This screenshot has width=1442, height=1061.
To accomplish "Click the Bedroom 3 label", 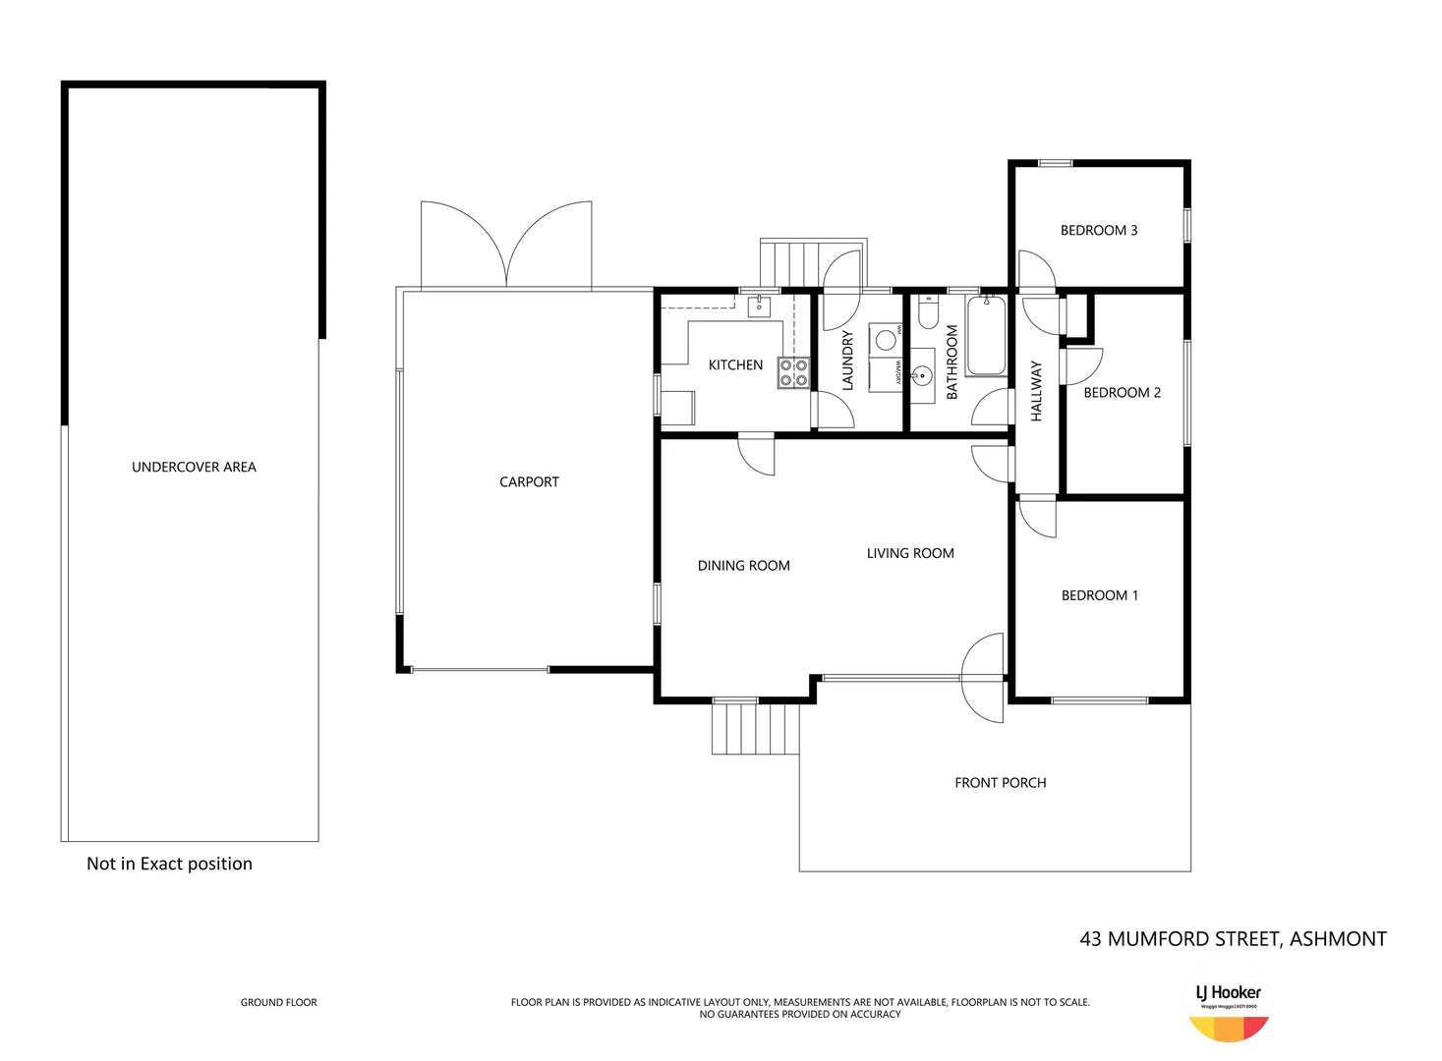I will (1098, 231).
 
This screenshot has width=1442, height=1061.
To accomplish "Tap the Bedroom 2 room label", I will (1122, 393).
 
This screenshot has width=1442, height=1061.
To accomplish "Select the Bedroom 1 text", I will (1099, 595).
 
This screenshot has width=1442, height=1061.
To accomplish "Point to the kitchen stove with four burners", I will (793, 373).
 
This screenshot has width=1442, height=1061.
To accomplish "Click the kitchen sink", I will (759, 307).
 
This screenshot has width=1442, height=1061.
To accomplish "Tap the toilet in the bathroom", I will (927, 313).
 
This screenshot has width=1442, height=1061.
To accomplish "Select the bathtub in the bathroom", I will (986, 337).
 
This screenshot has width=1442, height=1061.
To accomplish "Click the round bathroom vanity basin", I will (921, 375).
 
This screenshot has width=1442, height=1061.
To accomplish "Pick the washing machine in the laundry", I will (886, 340).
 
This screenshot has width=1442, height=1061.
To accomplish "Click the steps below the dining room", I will (755, 729).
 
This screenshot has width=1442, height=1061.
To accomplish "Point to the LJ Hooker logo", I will (1228, 1012).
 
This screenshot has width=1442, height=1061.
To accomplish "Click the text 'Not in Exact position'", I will (169, 865).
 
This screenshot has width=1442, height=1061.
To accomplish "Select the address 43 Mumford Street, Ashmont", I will (1233, 939).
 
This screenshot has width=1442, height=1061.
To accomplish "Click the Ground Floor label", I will (279, 1002).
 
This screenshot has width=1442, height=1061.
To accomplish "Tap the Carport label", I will (529, 482).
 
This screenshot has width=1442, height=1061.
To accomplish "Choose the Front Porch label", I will (1000, 783).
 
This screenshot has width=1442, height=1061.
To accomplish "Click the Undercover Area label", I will (194, 468).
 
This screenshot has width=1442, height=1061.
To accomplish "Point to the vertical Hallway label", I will (1036, 391).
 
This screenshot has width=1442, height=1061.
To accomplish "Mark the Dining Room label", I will (743, 566).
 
